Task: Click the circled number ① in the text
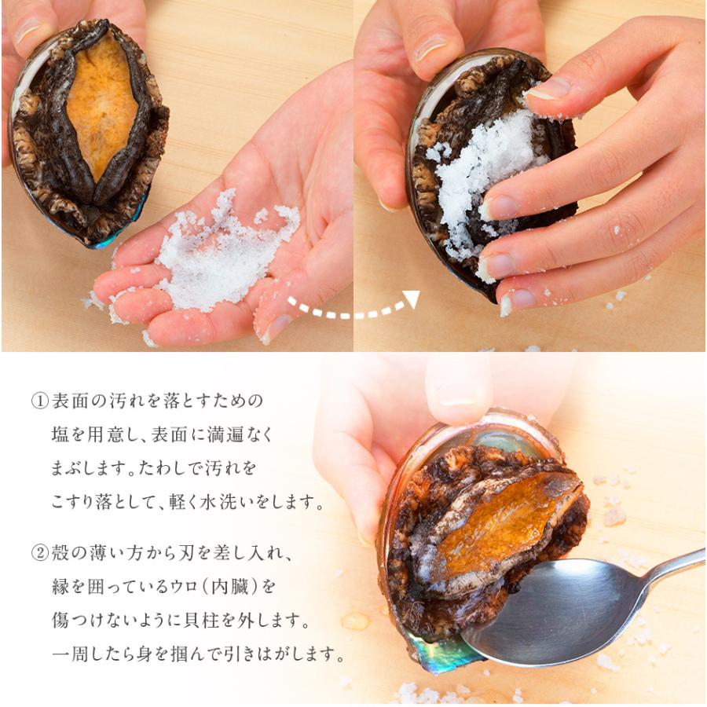click(40, 401)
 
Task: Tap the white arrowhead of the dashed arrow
click(411, 299)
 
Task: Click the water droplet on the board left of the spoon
click(355, 621)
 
